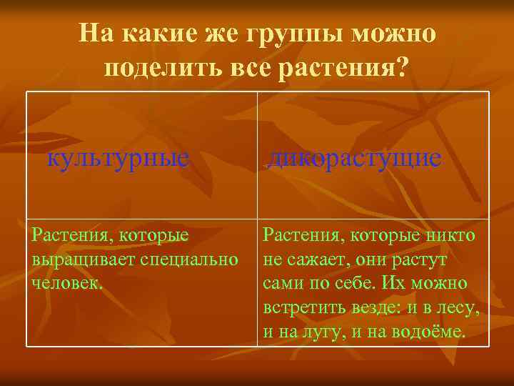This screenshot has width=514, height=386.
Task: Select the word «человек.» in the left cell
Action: point(68,282)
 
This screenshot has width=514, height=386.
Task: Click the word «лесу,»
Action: point(458,308)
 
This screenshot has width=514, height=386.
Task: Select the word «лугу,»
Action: point(329,332)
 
